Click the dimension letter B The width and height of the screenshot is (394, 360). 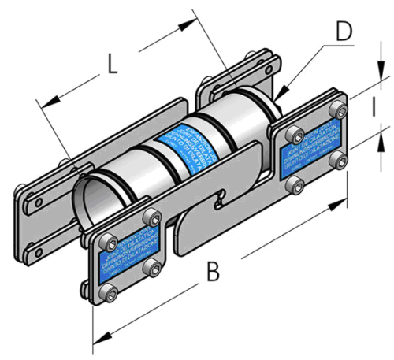click(x=214, y=273)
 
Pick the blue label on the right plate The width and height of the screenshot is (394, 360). click(x=311, y=142)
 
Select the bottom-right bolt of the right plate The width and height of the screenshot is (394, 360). click(x=340, y=162)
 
